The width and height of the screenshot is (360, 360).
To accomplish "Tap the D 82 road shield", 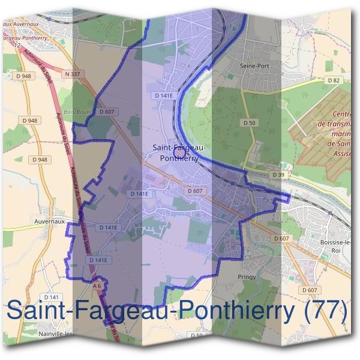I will coord(334,80).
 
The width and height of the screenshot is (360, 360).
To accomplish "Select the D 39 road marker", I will coord(278,175).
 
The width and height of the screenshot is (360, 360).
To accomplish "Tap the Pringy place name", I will coord(246,277).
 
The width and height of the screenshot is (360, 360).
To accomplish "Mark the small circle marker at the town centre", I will coord(178,153).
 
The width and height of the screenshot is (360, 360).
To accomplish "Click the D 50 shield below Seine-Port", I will coord(249,122).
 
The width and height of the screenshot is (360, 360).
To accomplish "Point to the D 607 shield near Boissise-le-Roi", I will coord(281,238).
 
